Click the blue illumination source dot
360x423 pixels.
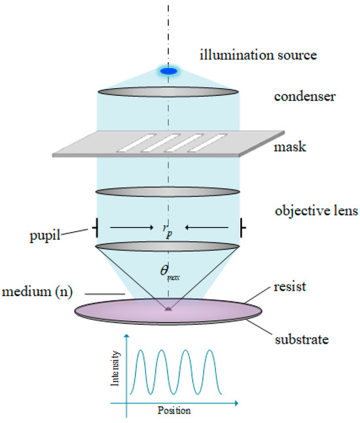coord(169,71)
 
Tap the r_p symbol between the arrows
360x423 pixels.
coord(169,229)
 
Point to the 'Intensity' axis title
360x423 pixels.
coord(117,368)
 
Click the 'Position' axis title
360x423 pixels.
coord(173,411)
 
